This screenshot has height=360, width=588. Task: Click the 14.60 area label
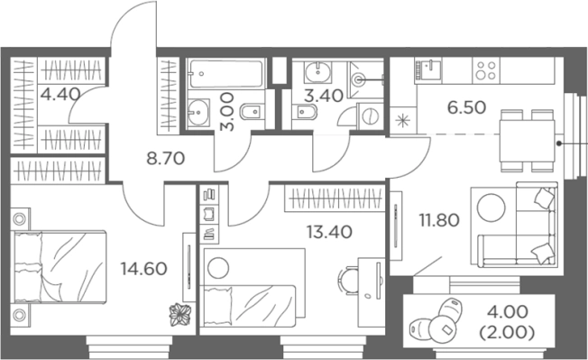(143, 269)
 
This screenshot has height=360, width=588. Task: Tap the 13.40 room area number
(329, 232)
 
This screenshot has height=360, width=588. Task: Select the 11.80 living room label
(439, 220)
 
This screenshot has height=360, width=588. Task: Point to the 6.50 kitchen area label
(466, 107)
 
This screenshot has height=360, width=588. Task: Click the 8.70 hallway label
(165, 159)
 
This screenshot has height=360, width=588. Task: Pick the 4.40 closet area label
(60, 94)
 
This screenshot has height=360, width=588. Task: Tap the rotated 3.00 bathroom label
(227, 112)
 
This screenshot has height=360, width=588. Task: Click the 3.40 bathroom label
(323, 96)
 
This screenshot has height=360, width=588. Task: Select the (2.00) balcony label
(507, 333)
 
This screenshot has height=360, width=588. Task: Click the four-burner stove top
(485, 70)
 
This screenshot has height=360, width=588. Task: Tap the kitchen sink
(428, 70)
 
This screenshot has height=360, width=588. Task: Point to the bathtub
(225, 73)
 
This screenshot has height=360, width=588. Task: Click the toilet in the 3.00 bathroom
(252, 111)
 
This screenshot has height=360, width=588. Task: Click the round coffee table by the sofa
(491, 208)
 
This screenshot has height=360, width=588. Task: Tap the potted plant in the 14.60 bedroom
(180, 314)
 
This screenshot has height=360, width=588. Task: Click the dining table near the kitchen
(527, 141)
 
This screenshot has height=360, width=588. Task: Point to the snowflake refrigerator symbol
(403, 121)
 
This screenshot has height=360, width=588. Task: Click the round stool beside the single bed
(218, 268)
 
